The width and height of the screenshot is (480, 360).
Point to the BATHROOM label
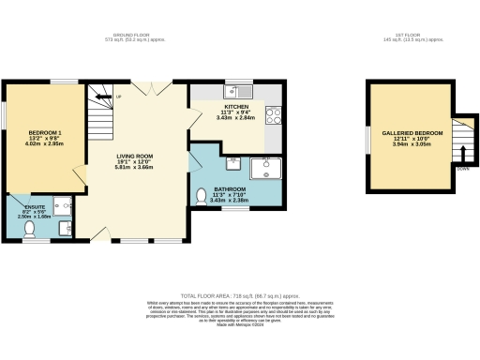pos(230,188)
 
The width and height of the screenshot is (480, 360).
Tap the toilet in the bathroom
pos(202,196)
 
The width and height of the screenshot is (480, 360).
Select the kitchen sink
pos(243,91)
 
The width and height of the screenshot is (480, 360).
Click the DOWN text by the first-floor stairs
pos(462,169)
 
